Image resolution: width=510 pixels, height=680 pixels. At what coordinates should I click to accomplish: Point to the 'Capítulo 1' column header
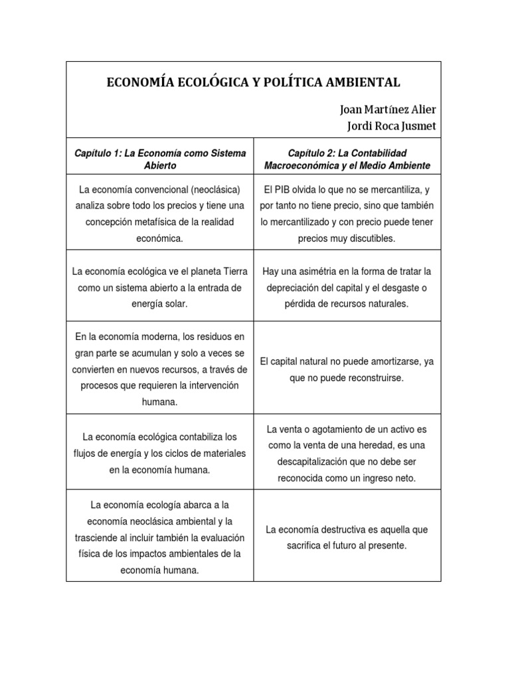pos(160,159)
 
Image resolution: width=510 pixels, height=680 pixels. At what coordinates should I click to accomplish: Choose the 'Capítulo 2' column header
pos(347,159)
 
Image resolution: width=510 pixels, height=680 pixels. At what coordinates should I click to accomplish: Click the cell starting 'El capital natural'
pos(347,370)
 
